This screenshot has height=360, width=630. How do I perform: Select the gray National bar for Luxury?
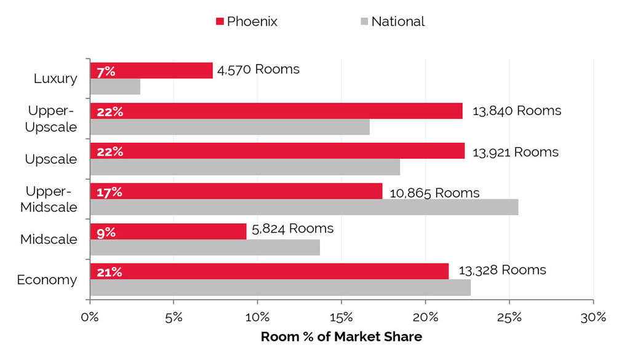pos(115,86)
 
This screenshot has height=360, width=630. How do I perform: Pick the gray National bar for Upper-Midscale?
pos(304,207)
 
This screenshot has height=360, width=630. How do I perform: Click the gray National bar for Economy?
pos(280,287)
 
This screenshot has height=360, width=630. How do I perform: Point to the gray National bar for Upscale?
pos(245,167)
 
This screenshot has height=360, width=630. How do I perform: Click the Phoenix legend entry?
pos(246,22)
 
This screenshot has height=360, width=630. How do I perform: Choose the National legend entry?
pos(392,22)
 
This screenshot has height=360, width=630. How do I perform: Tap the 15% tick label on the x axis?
pos(341,318)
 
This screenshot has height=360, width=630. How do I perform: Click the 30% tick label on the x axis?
pos(593,318)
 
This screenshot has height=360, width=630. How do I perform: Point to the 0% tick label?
pos(90,318)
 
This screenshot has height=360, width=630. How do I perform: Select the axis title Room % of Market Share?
pos(341,337)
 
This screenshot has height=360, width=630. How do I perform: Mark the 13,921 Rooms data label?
pos(515,151)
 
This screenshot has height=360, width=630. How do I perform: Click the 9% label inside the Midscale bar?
pos(106,232)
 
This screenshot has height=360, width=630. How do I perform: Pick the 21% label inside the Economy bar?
pos(109,272)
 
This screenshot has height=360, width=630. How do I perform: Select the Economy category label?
pos(47,280)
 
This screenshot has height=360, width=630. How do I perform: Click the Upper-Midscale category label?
pos(49,199)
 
